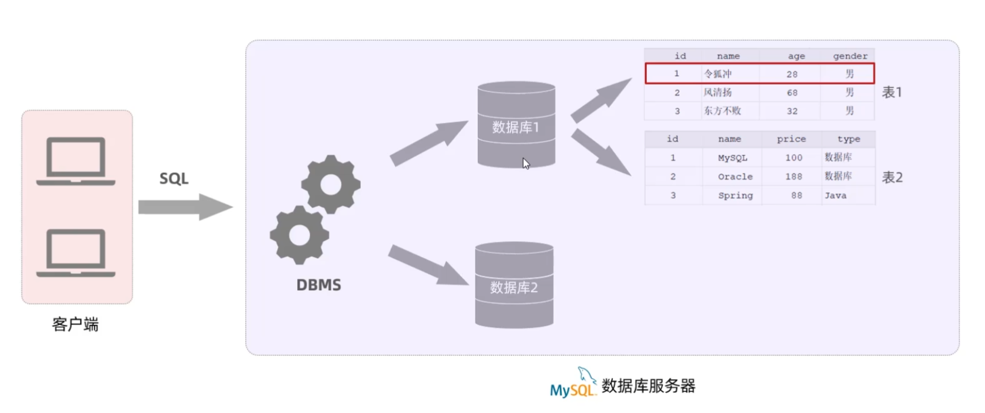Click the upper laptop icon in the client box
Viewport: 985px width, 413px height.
(x=76, y=161)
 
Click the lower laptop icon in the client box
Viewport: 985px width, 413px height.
(x=76, y=253)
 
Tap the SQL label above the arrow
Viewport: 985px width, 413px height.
(x=174, y=178)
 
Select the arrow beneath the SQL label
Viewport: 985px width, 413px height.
(x=185, y=207)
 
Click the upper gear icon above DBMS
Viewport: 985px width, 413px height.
(x=330, y=184)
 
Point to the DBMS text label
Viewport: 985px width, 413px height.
(x=318, y=285)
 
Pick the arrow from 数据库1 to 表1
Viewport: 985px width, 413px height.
(x=600, y=100)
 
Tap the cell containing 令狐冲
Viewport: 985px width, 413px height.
(x=718, y=74)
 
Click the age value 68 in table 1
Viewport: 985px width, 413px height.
(x=792, y=93)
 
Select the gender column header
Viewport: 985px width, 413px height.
(x=850, y=56)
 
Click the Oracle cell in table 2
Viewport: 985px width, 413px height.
(x=735, y=177)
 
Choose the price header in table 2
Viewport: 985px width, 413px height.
(x=791, y=138)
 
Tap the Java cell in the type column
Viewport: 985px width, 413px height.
(x=836, y=195)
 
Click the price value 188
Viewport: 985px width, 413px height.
(x=794, y=177)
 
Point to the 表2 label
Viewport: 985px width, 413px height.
(x=892, y=177)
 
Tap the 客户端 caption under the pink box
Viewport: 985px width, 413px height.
(x=75, y=325)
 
